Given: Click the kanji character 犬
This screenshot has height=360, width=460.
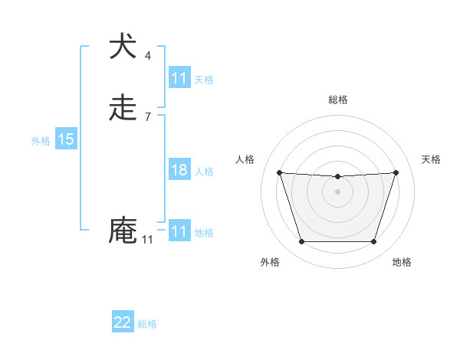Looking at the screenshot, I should tap(122, 47).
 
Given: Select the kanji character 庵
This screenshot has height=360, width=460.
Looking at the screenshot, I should tap(122, 230).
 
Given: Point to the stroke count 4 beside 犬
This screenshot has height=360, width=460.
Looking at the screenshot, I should tap(148, 55).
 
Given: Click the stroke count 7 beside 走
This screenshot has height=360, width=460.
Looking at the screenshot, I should tap(148, 117).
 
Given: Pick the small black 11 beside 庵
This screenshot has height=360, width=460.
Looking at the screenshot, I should tap(147, 240).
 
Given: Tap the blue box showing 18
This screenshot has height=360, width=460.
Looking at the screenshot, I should tap(179, 170).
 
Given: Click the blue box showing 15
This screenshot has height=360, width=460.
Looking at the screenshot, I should tap(65, 139).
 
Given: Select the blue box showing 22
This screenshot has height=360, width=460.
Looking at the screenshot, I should tap(123, 322).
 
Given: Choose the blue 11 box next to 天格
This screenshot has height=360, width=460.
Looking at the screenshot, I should tap(179, 78).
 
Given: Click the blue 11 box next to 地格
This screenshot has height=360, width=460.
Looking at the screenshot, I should tap(179, 231).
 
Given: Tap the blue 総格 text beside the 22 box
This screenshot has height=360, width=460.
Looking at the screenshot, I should tap(147, 324).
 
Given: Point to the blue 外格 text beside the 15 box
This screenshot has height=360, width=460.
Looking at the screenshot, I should tap(40, 141).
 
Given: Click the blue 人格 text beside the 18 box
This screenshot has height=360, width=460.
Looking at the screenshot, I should tap(204, 172).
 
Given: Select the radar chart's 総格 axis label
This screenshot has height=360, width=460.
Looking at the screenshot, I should tap(337, 100).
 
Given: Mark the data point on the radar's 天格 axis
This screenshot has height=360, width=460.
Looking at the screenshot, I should tap(396, 172).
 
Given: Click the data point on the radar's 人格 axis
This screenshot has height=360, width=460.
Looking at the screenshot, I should tap(279, 172).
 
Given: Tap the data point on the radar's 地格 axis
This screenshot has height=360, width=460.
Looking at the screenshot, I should tap(373, 242).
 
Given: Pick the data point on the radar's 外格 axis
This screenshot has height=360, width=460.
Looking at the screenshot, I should tap(301, 242).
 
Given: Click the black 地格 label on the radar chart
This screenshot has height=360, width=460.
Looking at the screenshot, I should tap(402, 262).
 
